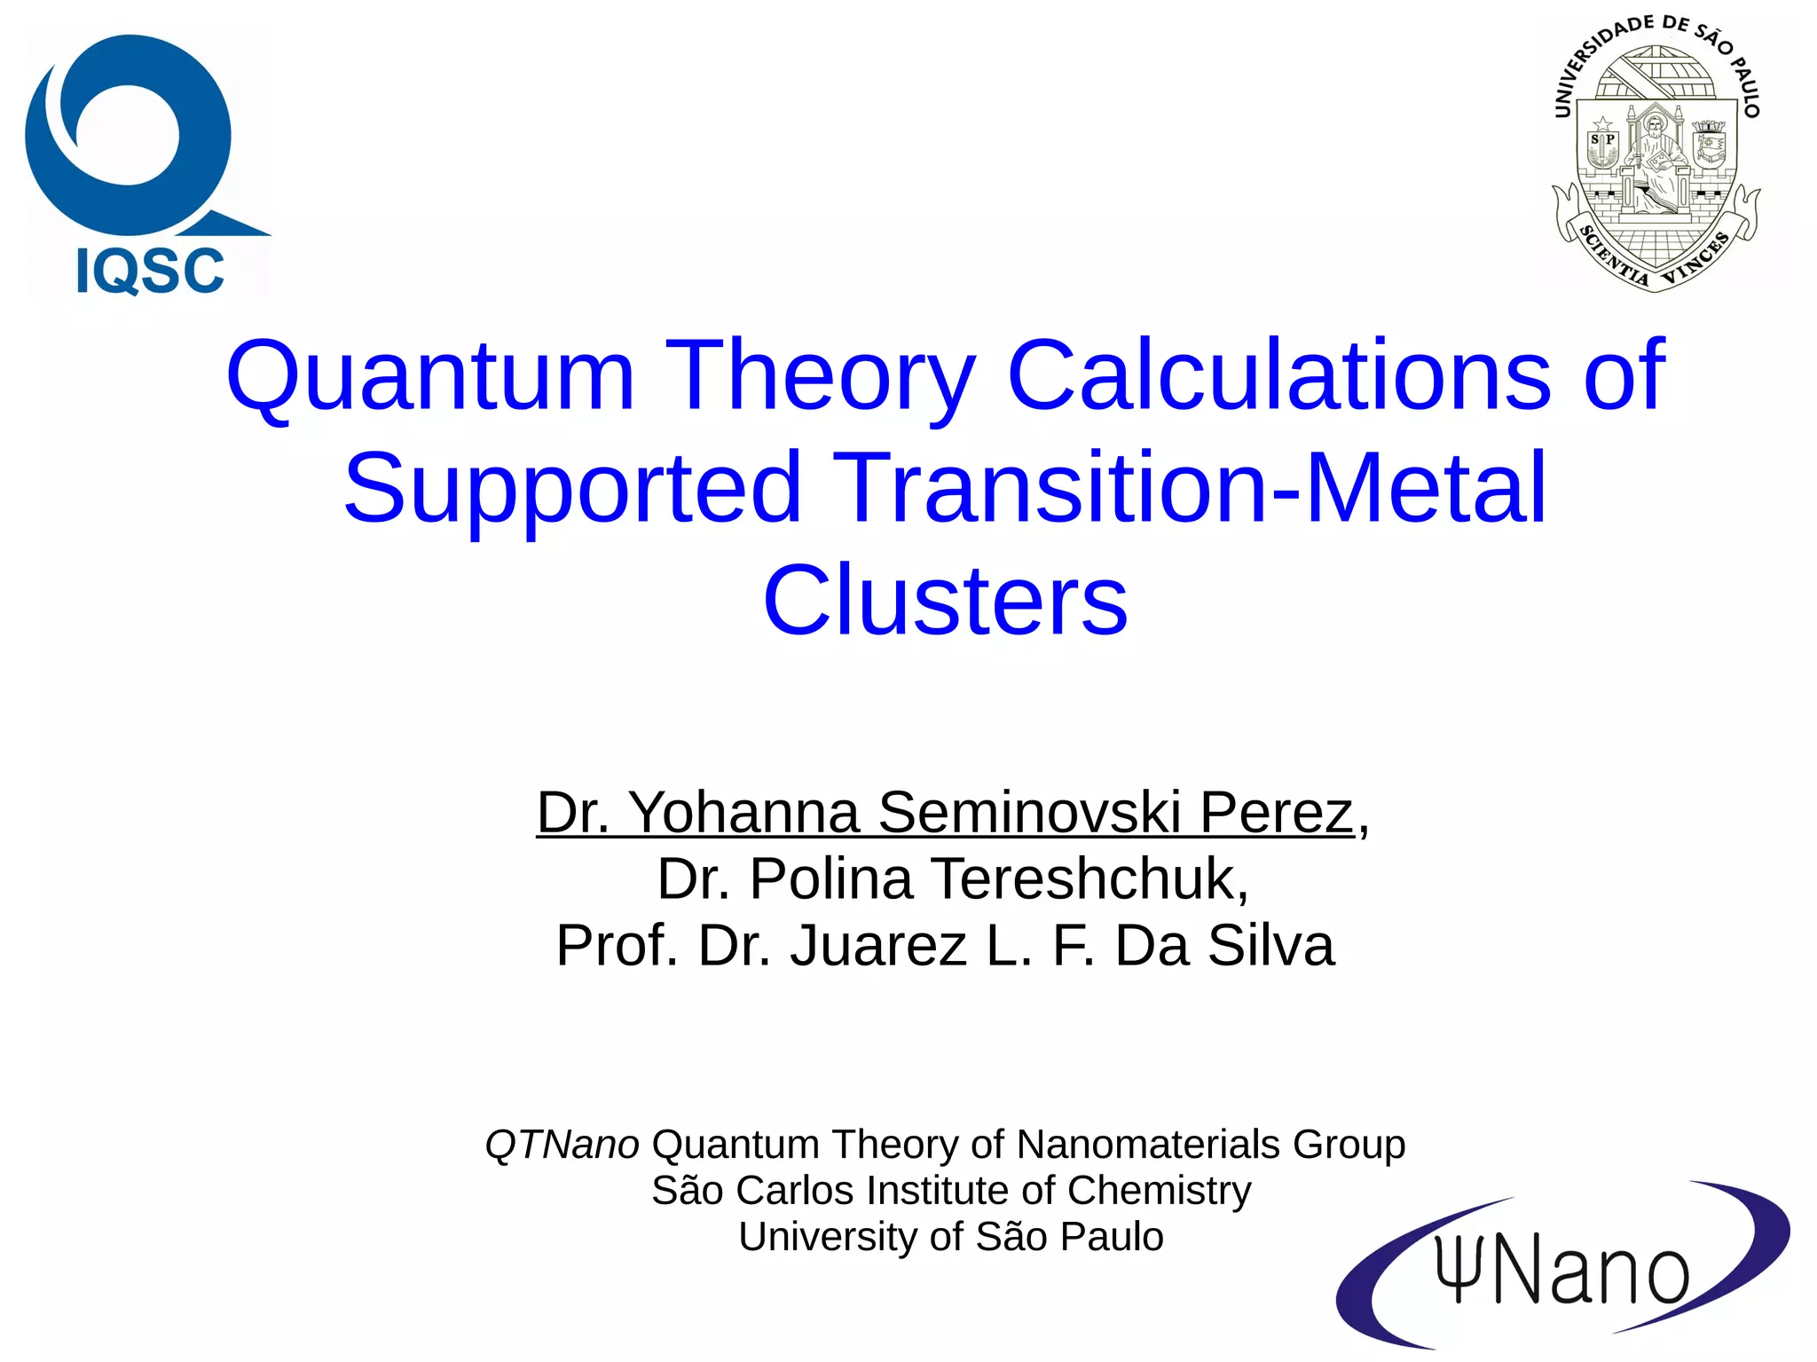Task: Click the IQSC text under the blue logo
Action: pyautogui.click(x=150, y=271)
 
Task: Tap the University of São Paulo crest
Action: pyautogui.click(x=1656, y=155)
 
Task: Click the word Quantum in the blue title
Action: pyautogui.click(x=430, y=376)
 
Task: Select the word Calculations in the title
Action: pyautogui.click(x=1278, y=376)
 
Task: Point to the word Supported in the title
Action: pyautogui.click(x=573, y=487)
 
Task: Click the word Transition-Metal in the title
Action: pyautogui.click(x=1188, y=487)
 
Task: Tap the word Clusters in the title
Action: pyautogui.click(x=945, y=601)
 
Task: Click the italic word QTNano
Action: pyautogui.click(x=562, y=1145)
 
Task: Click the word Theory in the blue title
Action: pyautogui.click(x=821, y=376)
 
